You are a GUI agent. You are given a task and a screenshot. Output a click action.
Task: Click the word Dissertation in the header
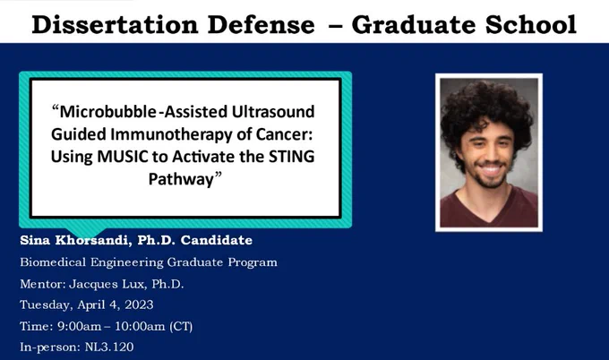116,25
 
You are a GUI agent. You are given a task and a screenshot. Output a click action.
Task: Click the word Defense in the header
261,25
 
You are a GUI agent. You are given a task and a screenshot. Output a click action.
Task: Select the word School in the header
530,25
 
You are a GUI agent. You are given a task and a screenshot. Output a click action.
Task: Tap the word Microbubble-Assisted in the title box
140,111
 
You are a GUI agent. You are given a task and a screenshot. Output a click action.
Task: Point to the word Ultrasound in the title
273,111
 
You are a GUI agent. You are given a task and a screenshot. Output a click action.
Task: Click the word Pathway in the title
181,179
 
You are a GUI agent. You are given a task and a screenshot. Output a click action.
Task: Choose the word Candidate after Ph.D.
217,240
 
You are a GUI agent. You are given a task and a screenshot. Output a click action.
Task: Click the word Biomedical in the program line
53,262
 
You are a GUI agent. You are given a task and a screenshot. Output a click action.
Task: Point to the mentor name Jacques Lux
107,284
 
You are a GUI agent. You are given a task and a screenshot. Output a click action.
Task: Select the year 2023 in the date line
139,304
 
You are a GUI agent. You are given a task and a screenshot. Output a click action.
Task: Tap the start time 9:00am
79,326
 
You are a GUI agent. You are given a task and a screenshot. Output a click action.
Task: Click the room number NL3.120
109,347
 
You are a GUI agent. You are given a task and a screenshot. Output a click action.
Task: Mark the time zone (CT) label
181,326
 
